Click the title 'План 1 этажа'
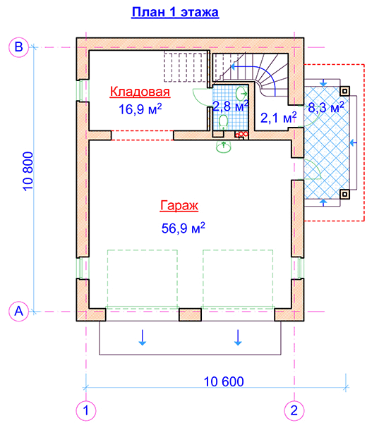click(175, 13)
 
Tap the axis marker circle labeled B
click(18, 47)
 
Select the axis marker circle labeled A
click(18, 312)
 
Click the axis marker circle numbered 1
click(86, 410)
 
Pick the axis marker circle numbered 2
click(294, 410)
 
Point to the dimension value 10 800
click(28, 171)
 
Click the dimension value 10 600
click(224, 381)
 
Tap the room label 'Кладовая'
click(140, 92)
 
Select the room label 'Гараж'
click(179, 206)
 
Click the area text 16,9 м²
click(140, 109)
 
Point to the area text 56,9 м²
click(183, 228)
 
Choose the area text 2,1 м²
click(278, 118)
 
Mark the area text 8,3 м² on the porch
click(326, 108)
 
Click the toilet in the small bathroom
click(223, 121)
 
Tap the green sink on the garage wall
click(224, 147)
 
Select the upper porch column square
click(344, 91)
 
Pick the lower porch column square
click(344, 195)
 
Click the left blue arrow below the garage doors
click(143, 337)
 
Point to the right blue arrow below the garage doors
click(238, 337)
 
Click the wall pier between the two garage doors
click(190, 315)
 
